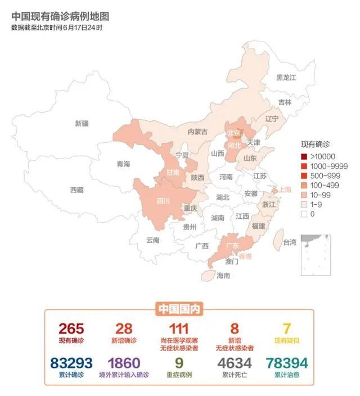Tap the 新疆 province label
(82, 123)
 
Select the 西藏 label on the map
(76, 190)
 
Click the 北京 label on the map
(233, 133)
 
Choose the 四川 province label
(163, 201)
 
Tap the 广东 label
(232, 246)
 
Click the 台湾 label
(289, 243)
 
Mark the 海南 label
(223, 276)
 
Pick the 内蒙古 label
(197, 132)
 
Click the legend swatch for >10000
(304, 156)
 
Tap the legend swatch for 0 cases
(304, 214)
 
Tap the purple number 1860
(124, 363)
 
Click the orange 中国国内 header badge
(179, 308)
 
